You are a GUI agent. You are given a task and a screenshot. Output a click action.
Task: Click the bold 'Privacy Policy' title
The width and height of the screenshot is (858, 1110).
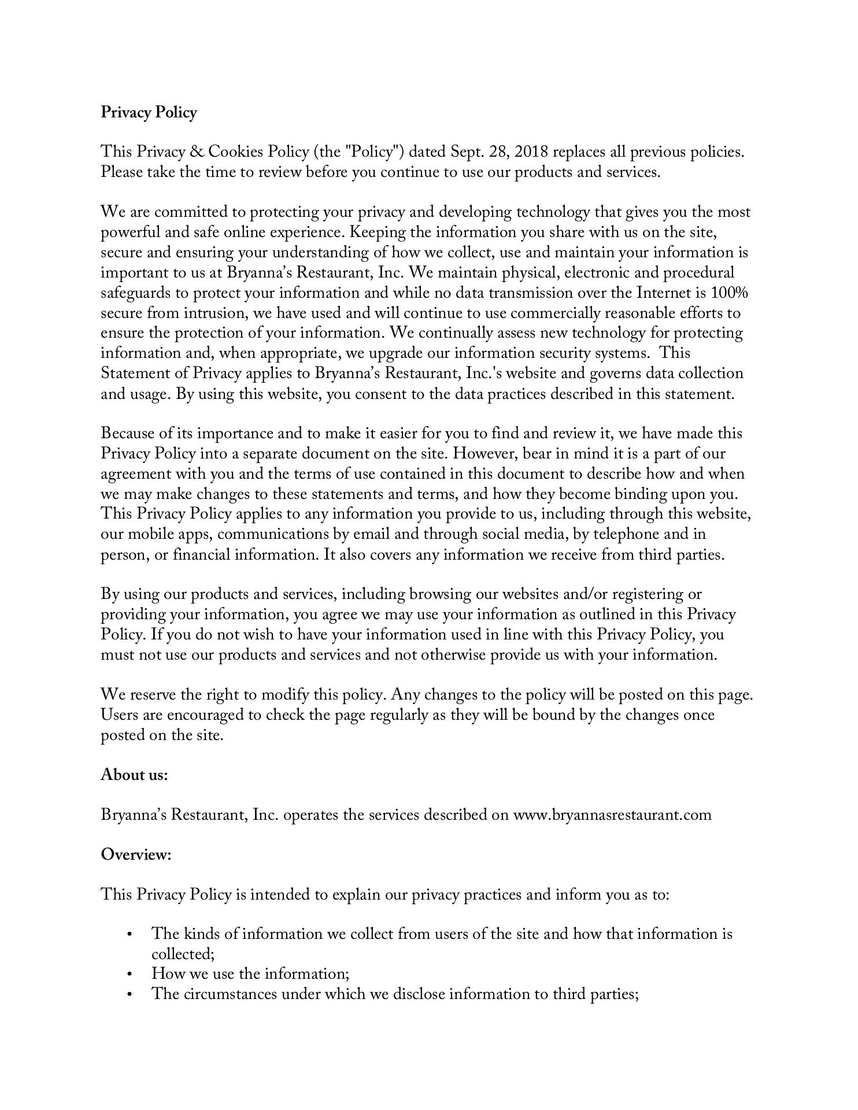click(149, 112)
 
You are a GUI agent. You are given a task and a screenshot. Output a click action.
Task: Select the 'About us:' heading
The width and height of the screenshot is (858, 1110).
click(134, 775)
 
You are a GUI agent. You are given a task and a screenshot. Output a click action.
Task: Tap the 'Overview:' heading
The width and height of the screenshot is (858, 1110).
click(136, 854)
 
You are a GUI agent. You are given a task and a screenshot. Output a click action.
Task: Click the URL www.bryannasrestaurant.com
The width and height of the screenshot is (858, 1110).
click(612, 815)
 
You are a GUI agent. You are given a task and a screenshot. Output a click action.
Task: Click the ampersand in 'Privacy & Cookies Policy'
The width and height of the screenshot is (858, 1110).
click(196, 152)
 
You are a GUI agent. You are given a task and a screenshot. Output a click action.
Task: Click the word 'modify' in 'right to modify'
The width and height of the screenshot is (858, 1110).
click(285, 695)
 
